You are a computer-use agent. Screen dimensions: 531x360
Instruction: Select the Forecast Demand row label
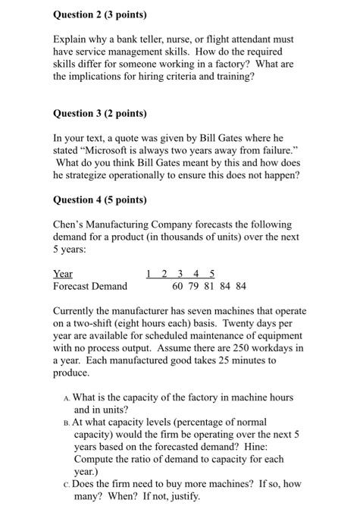click(89, 286)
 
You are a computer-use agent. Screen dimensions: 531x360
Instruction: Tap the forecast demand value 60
click(178, 286)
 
